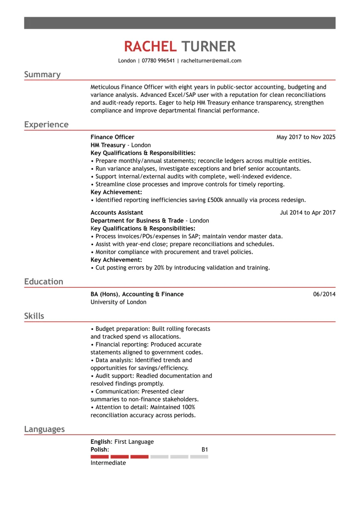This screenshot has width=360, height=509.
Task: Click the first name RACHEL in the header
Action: [150, 47]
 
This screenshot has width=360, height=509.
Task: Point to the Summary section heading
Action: [43, 74]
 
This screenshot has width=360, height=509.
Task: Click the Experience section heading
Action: [47, 125]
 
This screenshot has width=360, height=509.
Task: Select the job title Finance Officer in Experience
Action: [112, 137]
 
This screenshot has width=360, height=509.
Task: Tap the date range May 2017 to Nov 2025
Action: [306, 137]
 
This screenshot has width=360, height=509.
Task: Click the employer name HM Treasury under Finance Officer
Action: [108, 145]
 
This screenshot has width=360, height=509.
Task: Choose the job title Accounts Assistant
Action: [117, 213]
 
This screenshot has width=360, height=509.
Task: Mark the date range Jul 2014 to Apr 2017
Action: [308, 213]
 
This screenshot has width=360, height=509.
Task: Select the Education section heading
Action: [44, 282]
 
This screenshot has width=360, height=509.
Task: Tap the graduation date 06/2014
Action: [324, 294]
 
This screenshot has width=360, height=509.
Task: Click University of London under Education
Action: [119, 302]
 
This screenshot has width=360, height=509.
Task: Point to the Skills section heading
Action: [34, 316]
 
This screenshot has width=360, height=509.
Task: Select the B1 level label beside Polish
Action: [205, 450]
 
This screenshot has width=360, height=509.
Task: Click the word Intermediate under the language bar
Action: [108, 463]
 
